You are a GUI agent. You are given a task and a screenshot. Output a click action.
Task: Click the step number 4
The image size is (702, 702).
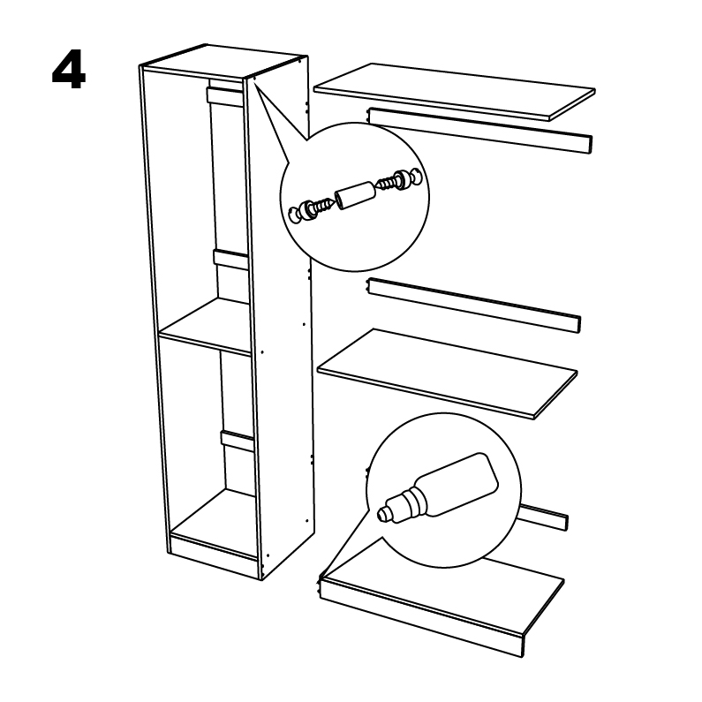point(69,71)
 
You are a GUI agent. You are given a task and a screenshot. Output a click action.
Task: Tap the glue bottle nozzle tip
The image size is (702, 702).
point(382,513)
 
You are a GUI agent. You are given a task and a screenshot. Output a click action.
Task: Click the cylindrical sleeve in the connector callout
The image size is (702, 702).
point(355,195)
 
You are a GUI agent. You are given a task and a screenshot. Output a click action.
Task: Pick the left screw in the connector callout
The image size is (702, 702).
point(321,207)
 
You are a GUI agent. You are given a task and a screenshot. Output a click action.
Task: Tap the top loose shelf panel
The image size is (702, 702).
point(454,92)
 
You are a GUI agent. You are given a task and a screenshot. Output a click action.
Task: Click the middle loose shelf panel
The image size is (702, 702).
point(447,374)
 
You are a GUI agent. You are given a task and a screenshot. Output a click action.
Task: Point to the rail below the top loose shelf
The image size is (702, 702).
point(480,131)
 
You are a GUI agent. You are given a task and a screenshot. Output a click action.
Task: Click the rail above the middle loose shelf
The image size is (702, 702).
point(473,306)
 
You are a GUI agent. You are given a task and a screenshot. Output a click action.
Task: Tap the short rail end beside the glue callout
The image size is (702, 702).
point(545,517)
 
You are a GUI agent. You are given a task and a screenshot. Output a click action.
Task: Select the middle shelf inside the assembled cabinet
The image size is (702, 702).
point(205,327)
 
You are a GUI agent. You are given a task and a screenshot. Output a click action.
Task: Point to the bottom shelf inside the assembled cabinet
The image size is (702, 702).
point(214,515)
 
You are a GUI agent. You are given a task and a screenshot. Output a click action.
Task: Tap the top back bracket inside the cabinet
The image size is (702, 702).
point(225,97)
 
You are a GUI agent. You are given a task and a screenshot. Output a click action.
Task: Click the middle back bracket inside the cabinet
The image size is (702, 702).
point(231,260)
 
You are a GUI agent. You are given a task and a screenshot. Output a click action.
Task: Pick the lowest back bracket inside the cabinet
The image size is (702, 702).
point(238,441)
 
